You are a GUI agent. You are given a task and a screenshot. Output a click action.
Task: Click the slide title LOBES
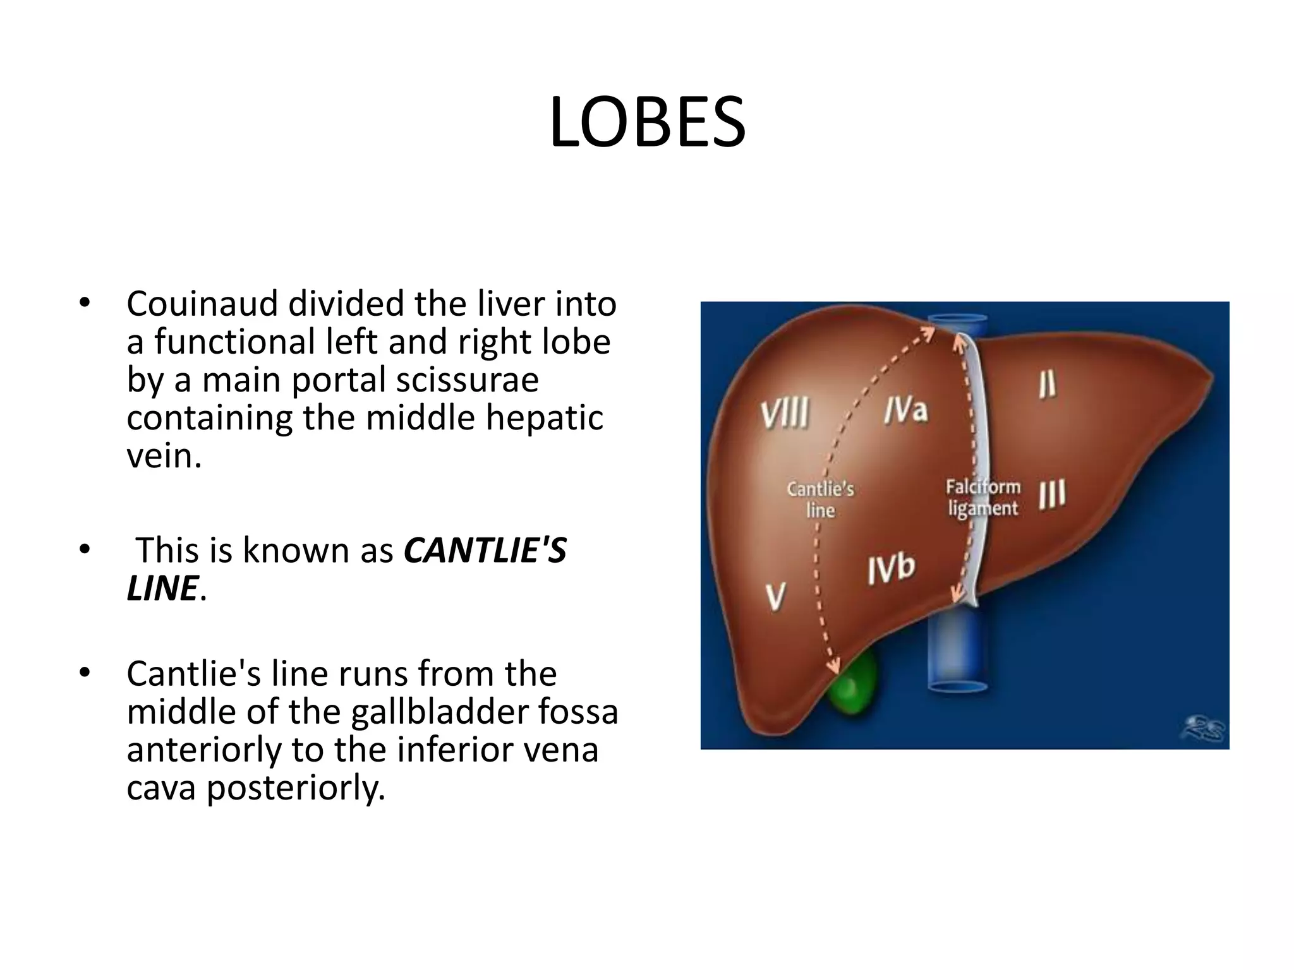(647, 123)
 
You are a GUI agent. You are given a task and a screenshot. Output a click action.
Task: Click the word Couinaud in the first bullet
(202, 304)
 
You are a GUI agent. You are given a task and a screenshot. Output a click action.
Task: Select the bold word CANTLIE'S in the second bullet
(485, 550)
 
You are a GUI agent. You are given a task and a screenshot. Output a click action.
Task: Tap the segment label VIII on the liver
(785, 414)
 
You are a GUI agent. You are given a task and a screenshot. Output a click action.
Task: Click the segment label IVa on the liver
(905, 410)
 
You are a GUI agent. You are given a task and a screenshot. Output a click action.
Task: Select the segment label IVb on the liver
(891, 570)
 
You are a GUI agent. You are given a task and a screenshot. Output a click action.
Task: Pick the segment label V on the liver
(776, 597)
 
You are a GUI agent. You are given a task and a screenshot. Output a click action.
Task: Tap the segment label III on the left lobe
(1052, 494)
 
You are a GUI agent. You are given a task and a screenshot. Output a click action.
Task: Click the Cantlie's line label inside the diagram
(820, 499)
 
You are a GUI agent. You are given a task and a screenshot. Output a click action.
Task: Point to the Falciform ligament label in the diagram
(983, 498)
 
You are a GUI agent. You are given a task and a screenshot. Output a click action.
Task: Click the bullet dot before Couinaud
(85, 302)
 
